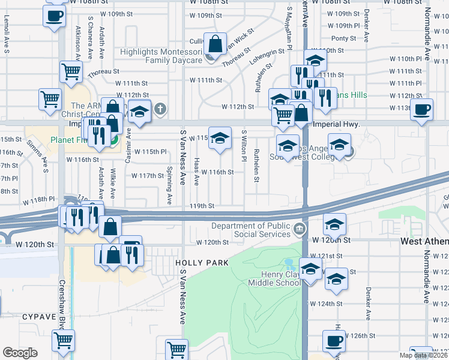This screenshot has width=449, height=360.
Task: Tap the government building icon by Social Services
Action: pyautogui.click(x=298, y=228)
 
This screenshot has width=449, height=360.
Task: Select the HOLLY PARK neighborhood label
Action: pyautogui.click(x=202, y=263)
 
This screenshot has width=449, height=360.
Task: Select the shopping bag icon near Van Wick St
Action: pyautogui.click(x=215, y=44)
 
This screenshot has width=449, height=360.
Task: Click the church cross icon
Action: pyautogui.click(x=159, y=109)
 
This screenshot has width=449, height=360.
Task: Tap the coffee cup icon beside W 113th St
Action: pyautogui.click(x=422, y=109)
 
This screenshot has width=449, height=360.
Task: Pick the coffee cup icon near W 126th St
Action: pyautogui.click(x=334, y=341)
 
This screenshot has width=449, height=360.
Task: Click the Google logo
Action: pyautogui.click(x=20, y=353)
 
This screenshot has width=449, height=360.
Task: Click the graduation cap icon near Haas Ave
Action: pyautogui.click(x=220, y=137)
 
